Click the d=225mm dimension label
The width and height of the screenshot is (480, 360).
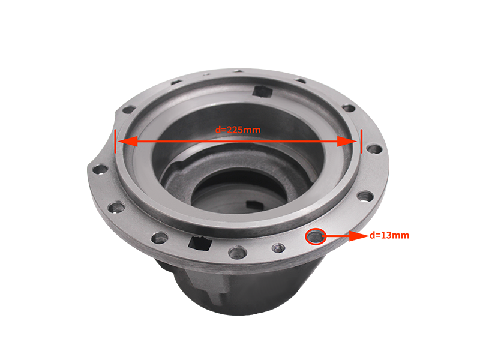click(x=238, y=129)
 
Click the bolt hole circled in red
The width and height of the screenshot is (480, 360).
click(x=314, y=236)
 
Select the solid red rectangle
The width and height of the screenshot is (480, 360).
click(x=379, y=247)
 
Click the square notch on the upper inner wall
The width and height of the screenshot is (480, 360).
click(x=262, y=91)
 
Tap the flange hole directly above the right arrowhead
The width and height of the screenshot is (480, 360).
click(x=349, y=109)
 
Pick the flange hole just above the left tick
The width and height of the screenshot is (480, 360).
click(x=128, y=109)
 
